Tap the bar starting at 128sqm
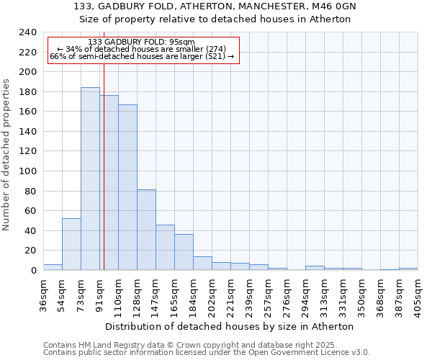pos(146,230)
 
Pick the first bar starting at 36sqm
pos(53,267)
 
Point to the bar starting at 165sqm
pos(184,252)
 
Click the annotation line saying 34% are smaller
pos(141,49)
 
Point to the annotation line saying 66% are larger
pos(141,56)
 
